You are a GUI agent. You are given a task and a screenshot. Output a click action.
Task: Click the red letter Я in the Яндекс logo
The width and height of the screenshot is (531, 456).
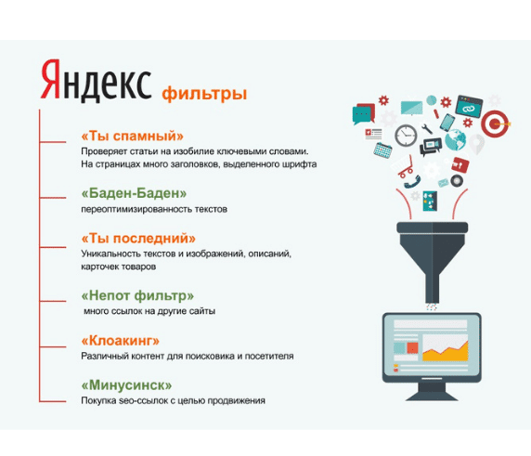coord(51,79)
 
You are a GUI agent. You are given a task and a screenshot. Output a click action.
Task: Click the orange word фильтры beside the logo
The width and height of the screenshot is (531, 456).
coord(204,93)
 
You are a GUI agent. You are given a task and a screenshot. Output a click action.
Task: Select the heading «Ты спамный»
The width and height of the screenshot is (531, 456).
coord(133,136)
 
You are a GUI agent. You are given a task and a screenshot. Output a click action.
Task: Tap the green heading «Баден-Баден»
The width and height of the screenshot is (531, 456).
coord(134,193)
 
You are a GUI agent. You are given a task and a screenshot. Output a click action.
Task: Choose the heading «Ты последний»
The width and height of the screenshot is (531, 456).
coord(138,238)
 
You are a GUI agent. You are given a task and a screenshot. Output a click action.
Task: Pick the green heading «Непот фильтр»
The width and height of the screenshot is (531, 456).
coord(137,295)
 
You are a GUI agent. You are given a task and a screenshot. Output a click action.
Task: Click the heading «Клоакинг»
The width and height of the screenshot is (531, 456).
coord(121,341)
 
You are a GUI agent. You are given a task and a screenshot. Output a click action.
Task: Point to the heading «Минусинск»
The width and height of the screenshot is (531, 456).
coord(126,385)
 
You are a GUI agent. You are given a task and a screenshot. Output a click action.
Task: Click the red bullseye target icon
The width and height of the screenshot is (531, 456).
coord(495,124)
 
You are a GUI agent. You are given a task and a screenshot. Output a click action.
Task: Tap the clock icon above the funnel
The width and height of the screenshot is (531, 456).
coord(406,136)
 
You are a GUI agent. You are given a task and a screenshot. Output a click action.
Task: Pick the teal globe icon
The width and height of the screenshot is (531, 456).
coord(455,139)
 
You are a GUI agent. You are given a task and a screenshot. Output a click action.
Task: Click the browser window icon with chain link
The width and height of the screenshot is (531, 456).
coord(469,107)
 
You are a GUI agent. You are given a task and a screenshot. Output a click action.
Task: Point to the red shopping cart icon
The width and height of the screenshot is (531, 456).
coord(406,166)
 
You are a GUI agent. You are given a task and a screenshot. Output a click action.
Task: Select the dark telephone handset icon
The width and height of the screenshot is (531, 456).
coord(412,182)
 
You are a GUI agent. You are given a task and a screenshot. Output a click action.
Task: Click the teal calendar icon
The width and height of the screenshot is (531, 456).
coord(382,150)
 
